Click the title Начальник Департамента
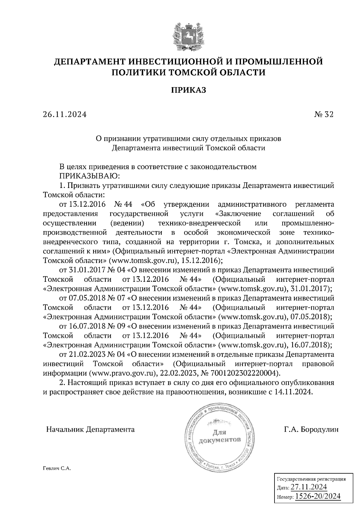click(90, 429)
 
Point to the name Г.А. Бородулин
click(311, 429)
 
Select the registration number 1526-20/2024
click(318, 496)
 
